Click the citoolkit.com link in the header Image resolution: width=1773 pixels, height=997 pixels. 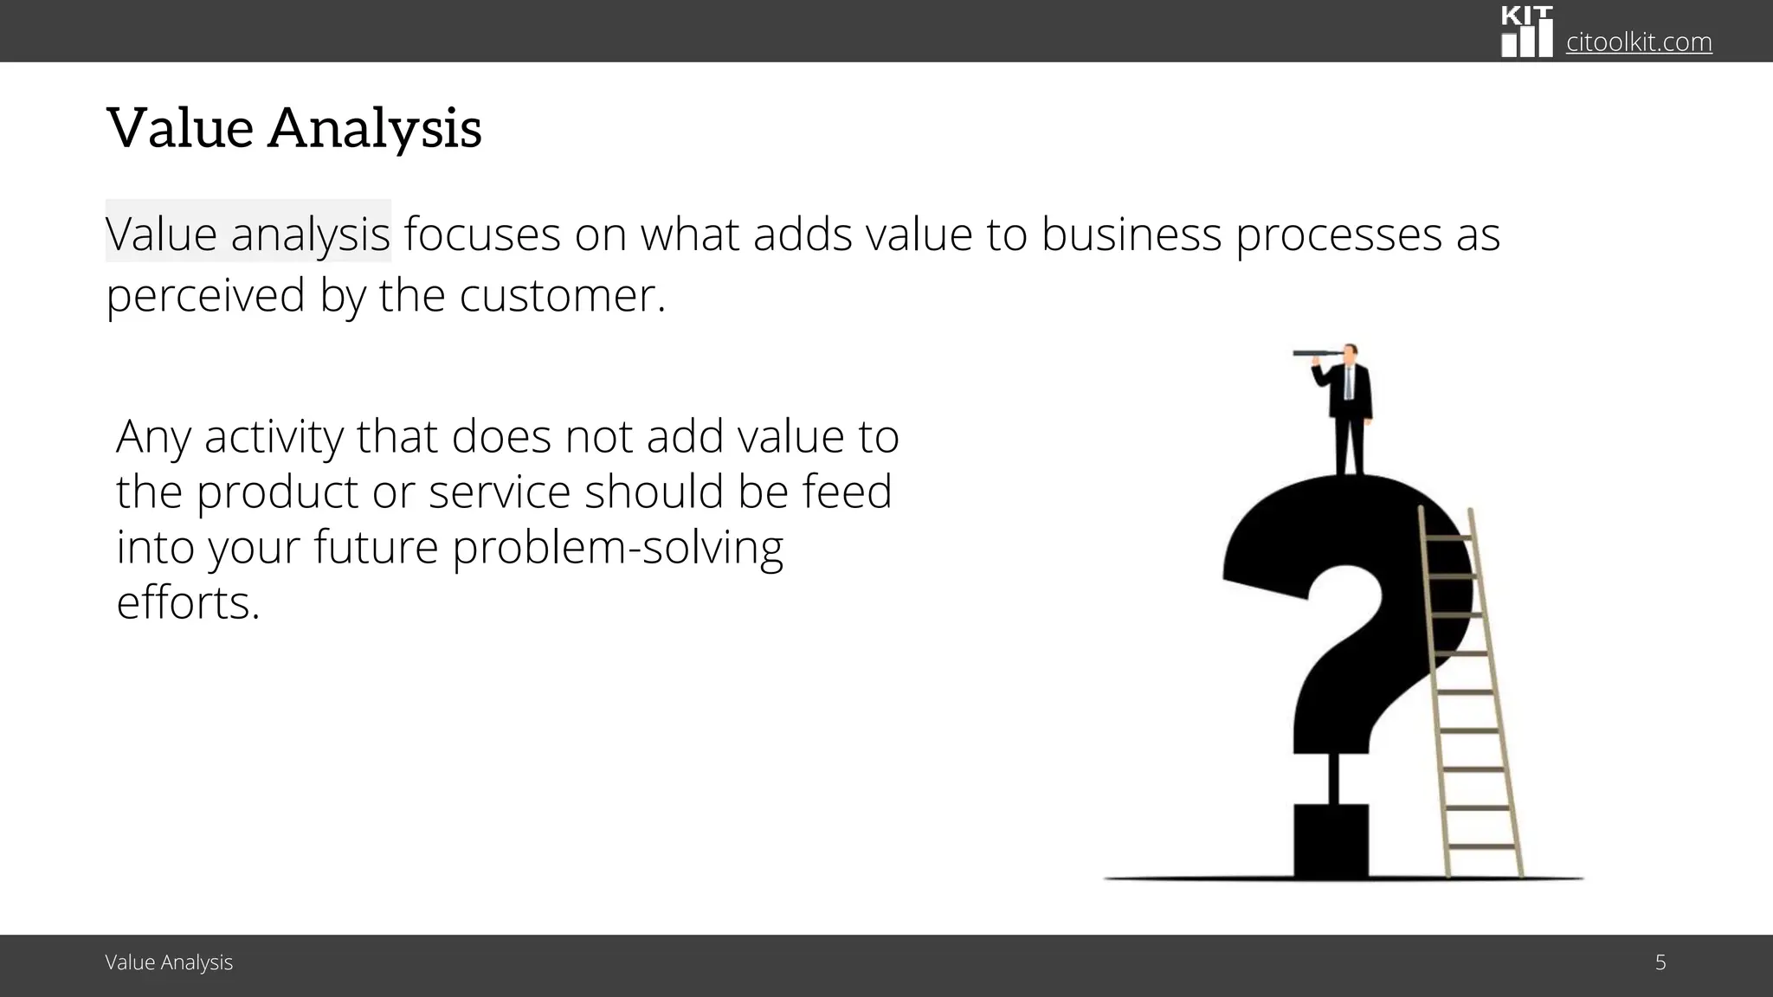[1638, 42]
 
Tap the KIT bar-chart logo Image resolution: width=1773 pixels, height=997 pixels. [1526, 32]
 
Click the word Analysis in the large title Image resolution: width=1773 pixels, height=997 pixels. [374, 129]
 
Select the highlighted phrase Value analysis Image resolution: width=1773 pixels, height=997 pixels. [248, 234]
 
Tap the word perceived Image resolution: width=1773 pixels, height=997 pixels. [205, 295]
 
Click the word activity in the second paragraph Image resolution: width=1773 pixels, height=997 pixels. [274, 436]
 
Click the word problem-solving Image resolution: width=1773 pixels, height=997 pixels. [617, 547]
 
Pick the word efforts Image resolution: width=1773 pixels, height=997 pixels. [187, 602]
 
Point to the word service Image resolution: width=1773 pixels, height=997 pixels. [499, 492]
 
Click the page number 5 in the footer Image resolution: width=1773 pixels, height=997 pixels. [1660, 962]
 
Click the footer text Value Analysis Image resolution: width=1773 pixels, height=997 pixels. [169, 962]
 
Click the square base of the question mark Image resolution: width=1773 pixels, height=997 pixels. [1331, 840]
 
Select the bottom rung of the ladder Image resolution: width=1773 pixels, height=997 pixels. [1483, 846]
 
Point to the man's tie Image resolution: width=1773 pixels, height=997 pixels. [1348, 383]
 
